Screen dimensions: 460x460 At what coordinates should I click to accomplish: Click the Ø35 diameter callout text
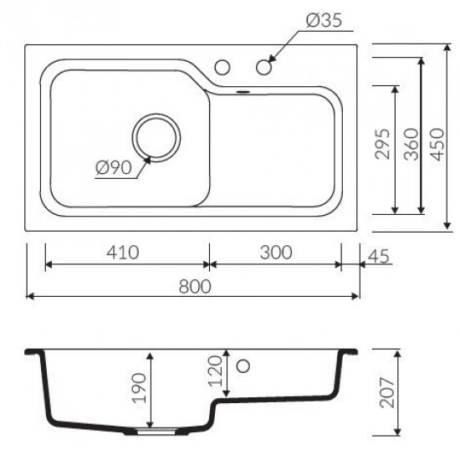pos(324,20)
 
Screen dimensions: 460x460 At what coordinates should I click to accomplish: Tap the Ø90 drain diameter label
pos(114,168)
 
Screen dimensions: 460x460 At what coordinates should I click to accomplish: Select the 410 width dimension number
pos(123,253)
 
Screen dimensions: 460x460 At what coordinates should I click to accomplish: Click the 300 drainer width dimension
pos(276,253)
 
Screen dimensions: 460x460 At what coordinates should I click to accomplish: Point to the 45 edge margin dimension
pos(378,256)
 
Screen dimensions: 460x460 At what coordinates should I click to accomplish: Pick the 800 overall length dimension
pos(195,286)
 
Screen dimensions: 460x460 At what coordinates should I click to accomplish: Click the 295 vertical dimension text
pos(383,144)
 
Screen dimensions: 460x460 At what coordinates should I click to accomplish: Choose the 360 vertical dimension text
pos(411,144)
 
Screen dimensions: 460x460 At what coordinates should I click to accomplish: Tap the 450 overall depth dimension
pos(437,144)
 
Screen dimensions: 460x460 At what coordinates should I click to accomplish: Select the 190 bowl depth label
pos(140,387)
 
